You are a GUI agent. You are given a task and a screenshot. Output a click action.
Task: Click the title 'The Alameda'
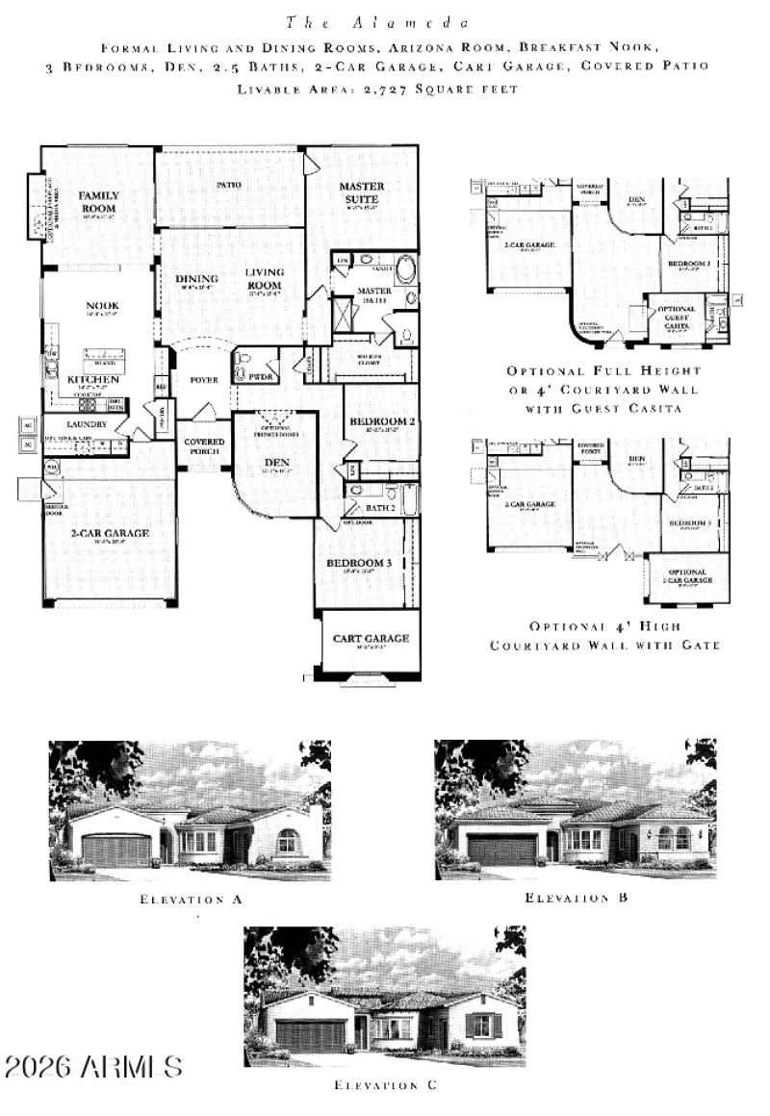[x=376, y=20]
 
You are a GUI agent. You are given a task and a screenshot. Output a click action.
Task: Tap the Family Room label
[x=98, y=201]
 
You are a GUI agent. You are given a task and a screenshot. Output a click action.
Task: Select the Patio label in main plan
[x=228, y=184]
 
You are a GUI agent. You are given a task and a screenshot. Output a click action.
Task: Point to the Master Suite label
[x=362, y=191]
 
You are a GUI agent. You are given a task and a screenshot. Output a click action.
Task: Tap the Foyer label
[x=204, y=380]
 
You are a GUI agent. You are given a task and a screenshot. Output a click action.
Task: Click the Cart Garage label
[x=371, y=638]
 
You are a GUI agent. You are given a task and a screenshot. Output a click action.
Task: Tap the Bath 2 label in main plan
[x=381, y=507]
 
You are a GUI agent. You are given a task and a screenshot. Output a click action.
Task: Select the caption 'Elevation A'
[x=190, y=900]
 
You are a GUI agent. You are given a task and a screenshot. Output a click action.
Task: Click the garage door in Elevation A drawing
[x=118, y=850]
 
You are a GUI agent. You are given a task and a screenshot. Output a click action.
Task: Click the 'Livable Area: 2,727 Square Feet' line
[x=376, y=89]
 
